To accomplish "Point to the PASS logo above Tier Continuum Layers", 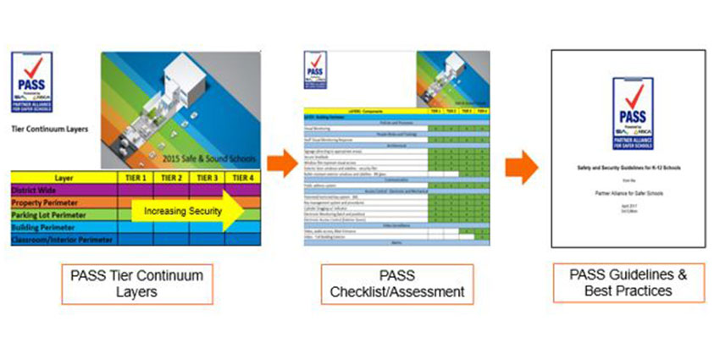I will [31, 80].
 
